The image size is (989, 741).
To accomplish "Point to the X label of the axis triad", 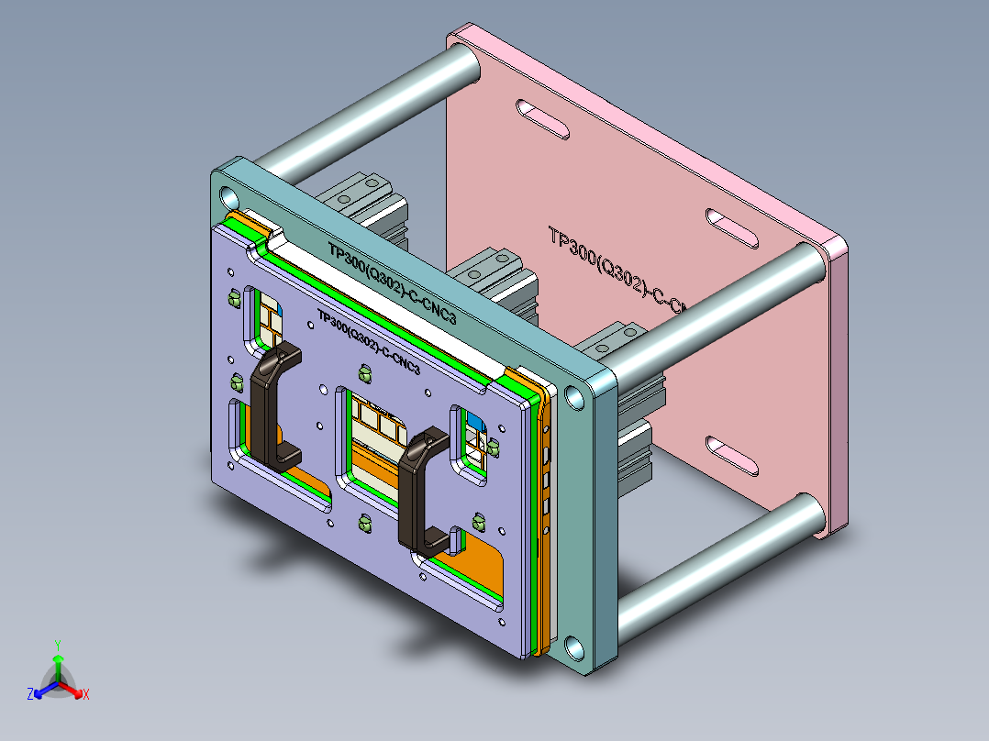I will (85, 694).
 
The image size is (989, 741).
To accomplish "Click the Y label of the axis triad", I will (57, 644).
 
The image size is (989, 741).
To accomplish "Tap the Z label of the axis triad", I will (30, 694).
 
